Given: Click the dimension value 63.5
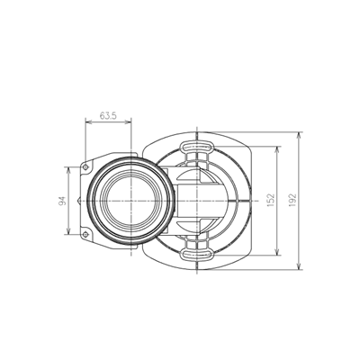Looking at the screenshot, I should point(108,116).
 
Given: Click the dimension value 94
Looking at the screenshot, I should point(62,202).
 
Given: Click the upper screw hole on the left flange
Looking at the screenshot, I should point(88,164).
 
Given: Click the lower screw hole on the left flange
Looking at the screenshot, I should point(88,237).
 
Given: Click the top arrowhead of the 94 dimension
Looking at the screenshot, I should point(68,166).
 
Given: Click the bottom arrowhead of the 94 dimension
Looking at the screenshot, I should point(68,236).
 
